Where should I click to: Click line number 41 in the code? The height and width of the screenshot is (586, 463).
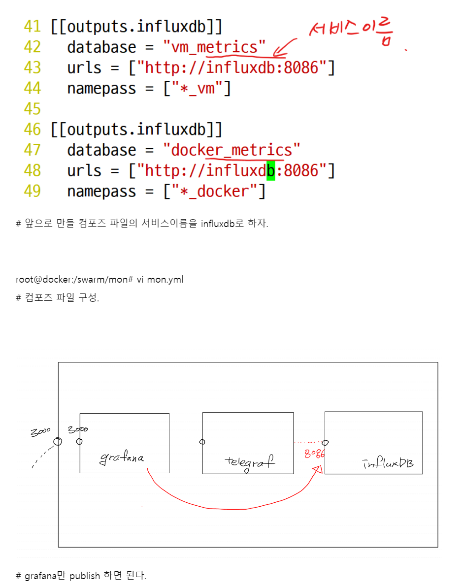(33, 27)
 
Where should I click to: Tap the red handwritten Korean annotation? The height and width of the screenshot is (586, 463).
(352, 33)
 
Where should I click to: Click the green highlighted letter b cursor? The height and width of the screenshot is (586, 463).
(270, 171)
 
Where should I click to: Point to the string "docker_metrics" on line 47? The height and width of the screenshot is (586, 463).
(231, 150)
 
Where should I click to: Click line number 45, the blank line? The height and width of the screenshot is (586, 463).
(33, 109)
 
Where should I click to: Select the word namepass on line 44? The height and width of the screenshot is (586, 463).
(101, 89)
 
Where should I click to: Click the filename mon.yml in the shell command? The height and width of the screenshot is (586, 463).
(165, 280)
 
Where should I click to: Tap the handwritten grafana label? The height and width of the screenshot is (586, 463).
(122, 458)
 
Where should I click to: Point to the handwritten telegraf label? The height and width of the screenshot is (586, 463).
(249, 461)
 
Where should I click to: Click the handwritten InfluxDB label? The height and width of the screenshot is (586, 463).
(388, 463)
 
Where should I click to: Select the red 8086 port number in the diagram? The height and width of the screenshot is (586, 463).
(314, 454)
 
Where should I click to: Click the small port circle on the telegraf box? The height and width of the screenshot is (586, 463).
(202, 442)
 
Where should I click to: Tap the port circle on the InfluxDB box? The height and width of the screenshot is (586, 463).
(325, 442)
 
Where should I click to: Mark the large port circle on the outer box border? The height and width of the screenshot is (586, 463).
(58, 441)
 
